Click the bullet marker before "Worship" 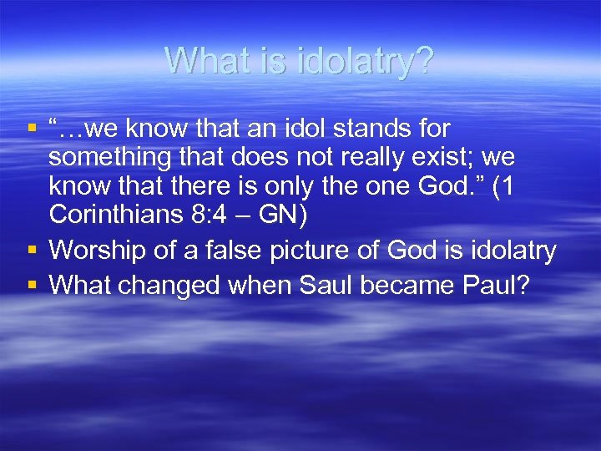tap(33, 250)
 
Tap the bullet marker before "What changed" tap(33, 285)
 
